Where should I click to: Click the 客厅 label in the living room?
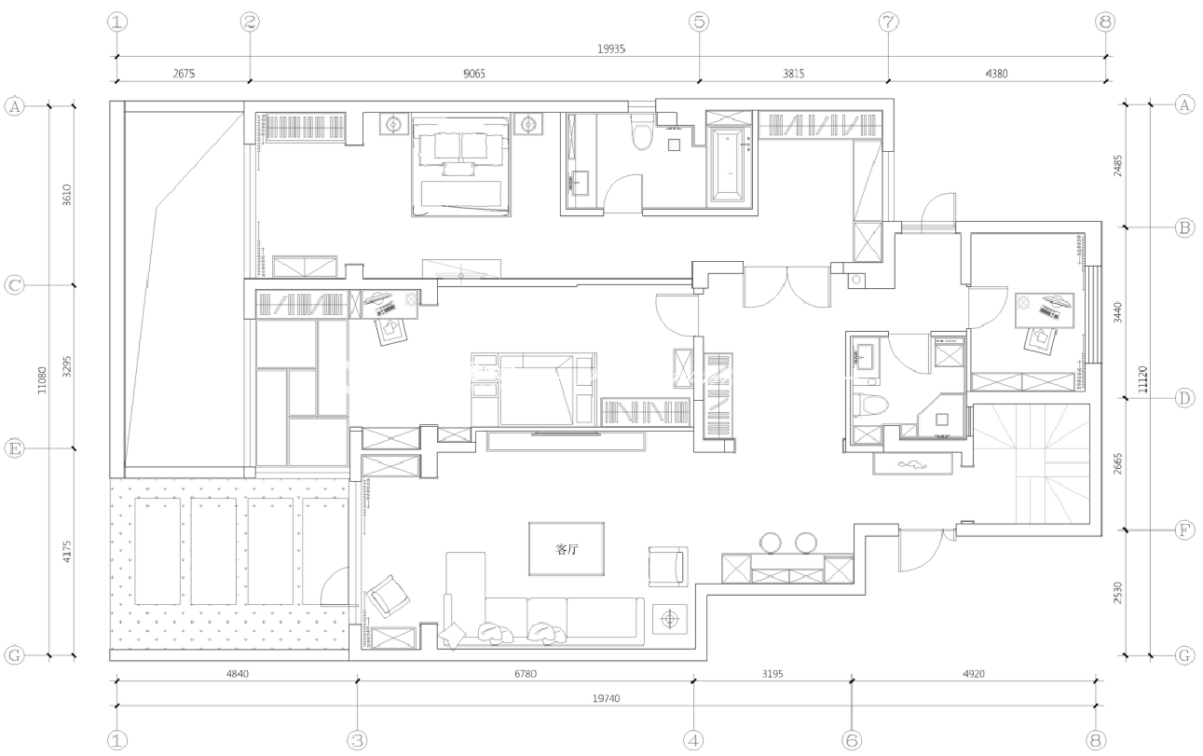pyautogui.click(x=567, y=549)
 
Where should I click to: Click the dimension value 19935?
pyautogui.click(x=611, y=48)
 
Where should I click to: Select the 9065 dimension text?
pyautogui.click(x=474, y=74)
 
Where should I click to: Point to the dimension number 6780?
pyautogui.click(x=526, y=674)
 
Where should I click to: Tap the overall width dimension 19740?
pyautogui.click(x=607, y=698)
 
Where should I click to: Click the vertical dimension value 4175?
pyautogui.click(x=66, y=552)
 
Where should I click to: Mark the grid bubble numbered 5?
pyautogui.click(x=699, y=22)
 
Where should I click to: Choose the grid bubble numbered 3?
pyautogui.click(x=357, y=740)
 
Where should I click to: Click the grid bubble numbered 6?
pyautogui.click(x=852, y=740)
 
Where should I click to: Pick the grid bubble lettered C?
pyautogui.click(x=15, y=284)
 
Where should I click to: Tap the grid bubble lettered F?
pyautogui.click(x=1184, y=530)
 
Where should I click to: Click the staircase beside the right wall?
pyautogui.click(x=1032, y=463)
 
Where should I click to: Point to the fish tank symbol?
pyautogui.click(x=912, y=463)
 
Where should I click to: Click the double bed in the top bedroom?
pyautogui.click(x=460, y=167)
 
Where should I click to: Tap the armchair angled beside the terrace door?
pyautogui.click(x=388, y=597)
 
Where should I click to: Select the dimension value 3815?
pyautogui.click(x=793, y=74)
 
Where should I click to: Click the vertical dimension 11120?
pyautogui.click(x=1142, y=379)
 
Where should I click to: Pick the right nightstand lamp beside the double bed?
pyautogui.click(x=528, y=125)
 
